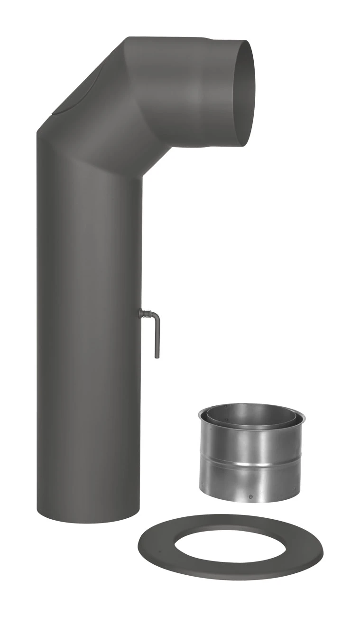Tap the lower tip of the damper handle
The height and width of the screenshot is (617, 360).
tap(157, 355)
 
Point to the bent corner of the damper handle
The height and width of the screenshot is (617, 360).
tap(157, 317)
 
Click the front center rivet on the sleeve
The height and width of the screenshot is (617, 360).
tap(250, 497)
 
